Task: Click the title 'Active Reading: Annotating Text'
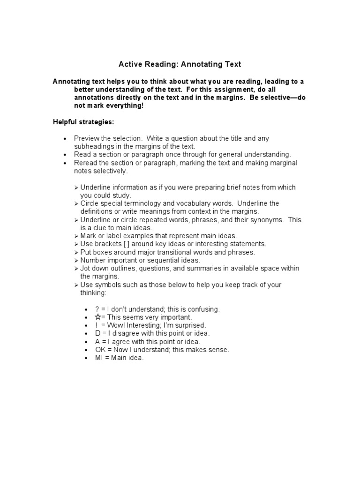click(x=180, y=64)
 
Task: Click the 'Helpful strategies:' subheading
click(x=83, y=122)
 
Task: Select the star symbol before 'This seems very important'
click(x=97, y=317)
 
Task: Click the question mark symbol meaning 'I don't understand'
click(x=97, y=309)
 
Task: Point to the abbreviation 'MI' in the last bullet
click(x=98, y=358)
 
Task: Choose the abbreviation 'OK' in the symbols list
click(x=100, y=350)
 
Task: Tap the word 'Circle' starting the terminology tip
click(x=90, y=203)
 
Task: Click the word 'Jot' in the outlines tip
click(x=86, y=268)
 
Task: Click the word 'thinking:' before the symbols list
click(x=94, y=293)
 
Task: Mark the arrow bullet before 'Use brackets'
click(x=76, y=244)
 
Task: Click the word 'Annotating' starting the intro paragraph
click(x=71, y=82)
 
